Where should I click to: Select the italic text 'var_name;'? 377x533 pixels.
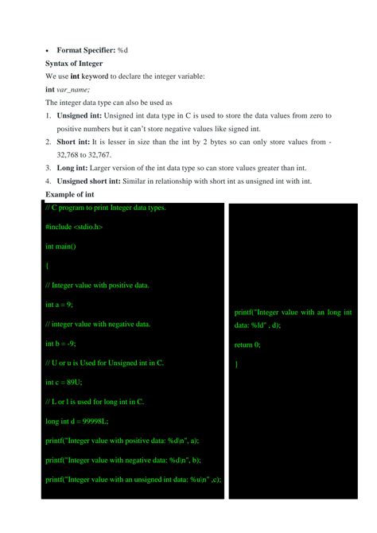pyautogui.click(x=73, y=90)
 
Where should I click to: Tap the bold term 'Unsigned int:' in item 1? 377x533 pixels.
pyautogui.click(x=82, y=115)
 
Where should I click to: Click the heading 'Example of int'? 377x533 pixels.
pyautogui.click(x=70, y=194)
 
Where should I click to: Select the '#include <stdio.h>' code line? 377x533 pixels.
pyautogui.click(x=74, y=228)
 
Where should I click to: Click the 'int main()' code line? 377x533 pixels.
pyautogui.click(x=60, y=247)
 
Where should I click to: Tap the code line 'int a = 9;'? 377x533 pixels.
pyautogui.click(x=60, y=305)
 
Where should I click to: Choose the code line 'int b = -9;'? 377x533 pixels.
pyautogui.click(x=61, y=344)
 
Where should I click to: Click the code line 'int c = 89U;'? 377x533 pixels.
pyautogui.click(x=64, y=382)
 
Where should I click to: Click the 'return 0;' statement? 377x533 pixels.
pyautogui.click(x=247, y=344)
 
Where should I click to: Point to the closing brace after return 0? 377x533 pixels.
pyautogui.click(x=236, y=364)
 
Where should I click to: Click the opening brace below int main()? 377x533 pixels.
pyautogui.click(x=48, y=266)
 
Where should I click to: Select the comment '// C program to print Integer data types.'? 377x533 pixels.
pyautogui.click(x=106, y=208)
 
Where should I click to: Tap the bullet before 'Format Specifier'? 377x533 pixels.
pyautogui.click(x=48, y=50)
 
